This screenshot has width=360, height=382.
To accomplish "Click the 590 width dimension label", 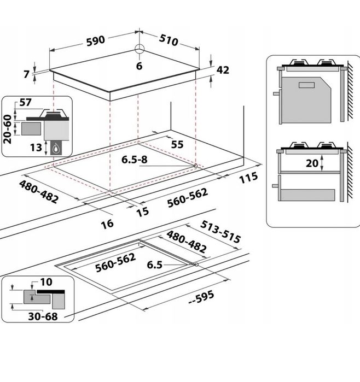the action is [96, 40].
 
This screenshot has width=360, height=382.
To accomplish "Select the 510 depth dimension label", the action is [169, 40].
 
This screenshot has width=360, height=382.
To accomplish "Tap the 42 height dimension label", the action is [223, 70].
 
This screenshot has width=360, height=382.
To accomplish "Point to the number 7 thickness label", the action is [27, 74].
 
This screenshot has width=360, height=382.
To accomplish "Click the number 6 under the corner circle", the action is [139, 66].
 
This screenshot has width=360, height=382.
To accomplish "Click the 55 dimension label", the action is [177, 144].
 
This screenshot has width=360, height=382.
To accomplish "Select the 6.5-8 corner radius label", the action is [135, 160].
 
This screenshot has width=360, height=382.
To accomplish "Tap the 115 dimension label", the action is [248, 178].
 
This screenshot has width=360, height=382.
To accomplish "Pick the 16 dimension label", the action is [107, 224].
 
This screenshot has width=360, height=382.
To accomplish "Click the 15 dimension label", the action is [142, 211].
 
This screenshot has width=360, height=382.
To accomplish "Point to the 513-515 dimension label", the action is [220, 232].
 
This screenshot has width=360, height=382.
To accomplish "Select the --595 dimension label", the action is [201, 297].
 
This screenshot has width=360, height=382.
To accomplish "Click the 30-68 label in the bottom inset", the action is [43, 316].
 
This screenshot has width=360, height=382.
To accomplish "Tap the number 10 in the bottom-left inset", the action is [47, 282].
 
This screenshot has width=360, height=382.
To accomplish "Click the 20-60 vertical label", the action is [7, 129].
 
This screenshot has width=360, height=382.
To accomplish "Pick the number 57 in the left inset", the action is [25, 102].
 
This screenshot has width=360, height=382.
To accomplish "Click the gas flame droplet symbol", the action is [56, 149].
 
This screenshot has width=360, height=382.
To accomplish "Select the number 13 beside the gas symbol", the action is [36, 148].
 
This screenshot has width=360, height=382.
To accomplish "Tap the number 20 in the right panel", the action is [312, 163].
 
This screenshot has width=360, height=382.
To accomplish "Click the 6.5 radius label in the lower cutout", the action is [155, 265].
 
